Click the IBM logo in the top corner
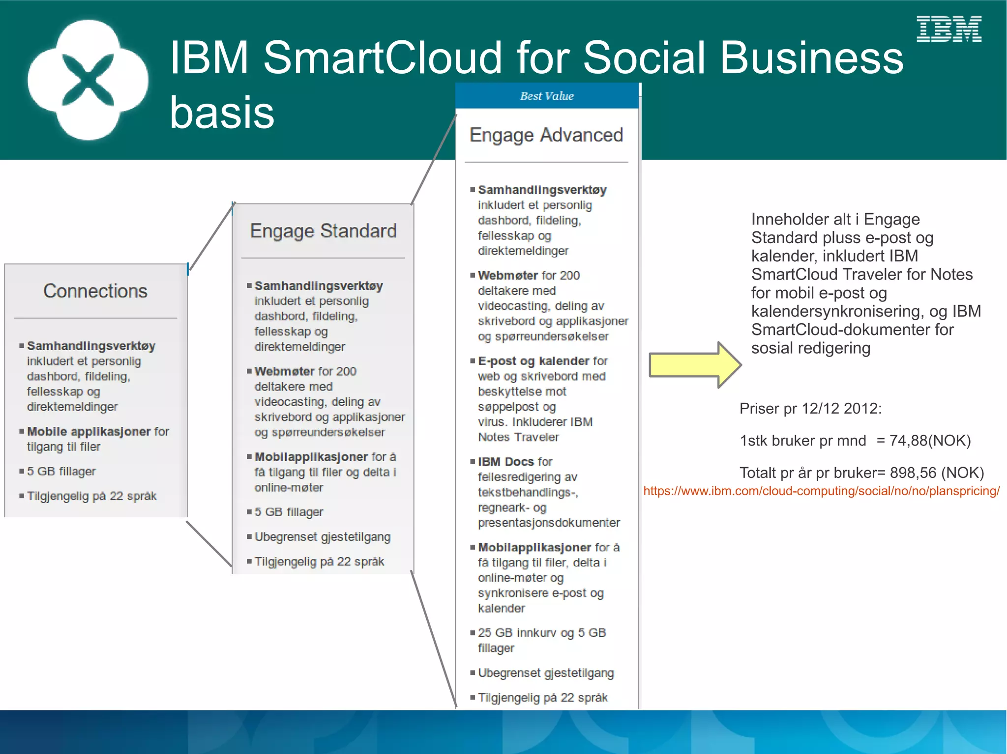tap(949, 29)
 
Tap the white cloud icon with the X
tap(88, 80)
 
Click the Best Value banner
tap(547, 96)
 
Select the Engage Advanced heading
tap(546, 135)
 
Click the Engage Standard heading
tap(323, 231)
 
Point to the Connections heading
tap(95, 291)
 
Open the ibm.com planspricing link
tap(821, 491)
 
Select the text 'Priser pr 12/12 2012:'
tap(810, 409)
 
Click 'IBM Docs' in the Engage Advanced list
tap(505, 462)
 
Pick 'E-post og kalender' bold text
tap(533, 361)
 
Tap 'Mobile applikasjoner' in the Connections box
tap(89, 431)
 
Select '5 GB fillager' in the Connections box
tap(61, 472)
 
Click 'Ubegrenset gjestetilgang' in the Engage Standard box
tap(322, 537)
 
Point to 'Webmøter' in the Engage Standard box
tap(284, 371)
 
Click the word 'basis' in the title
tap(222, 112)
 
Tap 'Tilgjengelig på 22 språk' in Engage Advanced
tap(542, 698)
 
